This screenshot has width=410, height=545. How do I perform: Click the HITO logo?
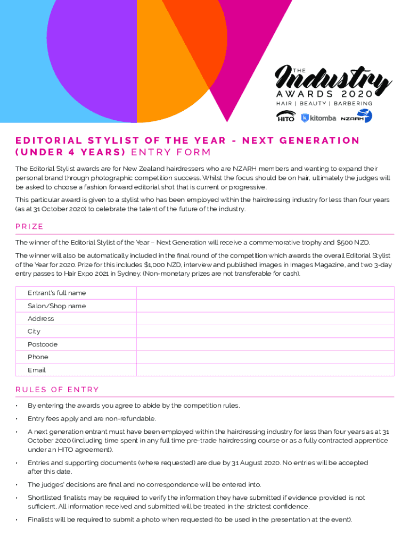coord(286,116)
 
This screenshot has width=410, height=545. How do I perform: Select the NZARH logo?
coord(356,117)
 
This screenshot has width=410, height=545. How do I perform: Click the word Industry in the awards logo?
coord(334,81)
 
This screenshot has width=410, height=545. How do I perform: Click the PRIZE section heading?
coord(29,226)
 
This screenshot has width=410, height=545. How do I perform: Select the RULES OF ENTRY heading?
coord(57,390)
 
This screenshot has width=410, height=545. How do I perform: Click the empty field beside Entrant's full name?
coord(265,293)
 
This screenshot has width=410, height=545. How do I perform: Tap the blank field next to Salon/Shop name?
coord(265,306)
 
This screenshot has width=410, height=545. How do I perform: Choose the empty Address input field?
coord(265,319)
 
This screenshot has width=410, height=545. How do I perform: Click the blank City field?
coord(265,332)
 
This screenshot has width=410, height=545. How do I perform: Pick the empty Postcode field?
coord(265,344)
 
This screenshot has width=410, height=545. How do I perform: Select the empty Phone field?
coord(265,357)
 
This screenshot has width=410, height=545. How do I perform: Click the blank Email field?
coord(265,370)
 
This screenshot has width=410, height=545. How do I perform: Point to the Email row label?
coord(37,370)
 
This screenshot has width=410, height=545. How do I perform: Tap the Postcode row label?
coord(43,344)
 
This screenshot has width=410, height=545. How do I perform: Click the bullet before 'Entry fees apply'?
coord(17,419)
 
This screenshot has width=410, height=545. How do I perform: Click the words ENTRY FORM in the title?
coord(170,153)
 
